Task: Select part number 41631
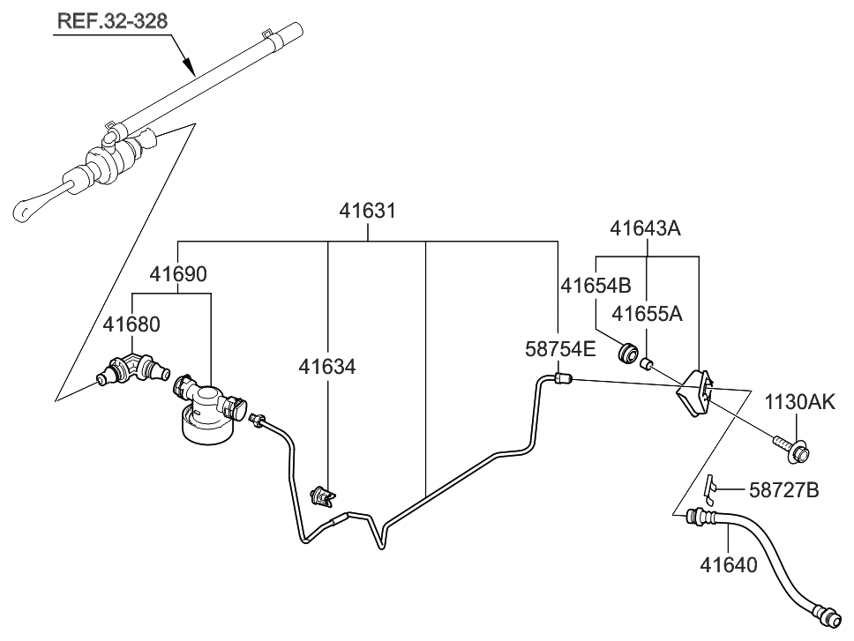[368, 212]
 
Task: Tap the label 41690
[177, 274]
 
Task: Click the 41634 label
[326, 366]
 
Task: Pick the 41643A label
[646, 228]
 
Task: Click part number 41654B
[596, 285]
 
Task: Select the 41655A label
[648, 313]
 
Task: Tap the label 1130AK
[799, 403]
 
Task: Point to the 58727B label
[783, 490]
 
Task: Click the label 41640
[729, 563]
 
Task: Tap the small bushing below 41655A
[647, 362]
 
